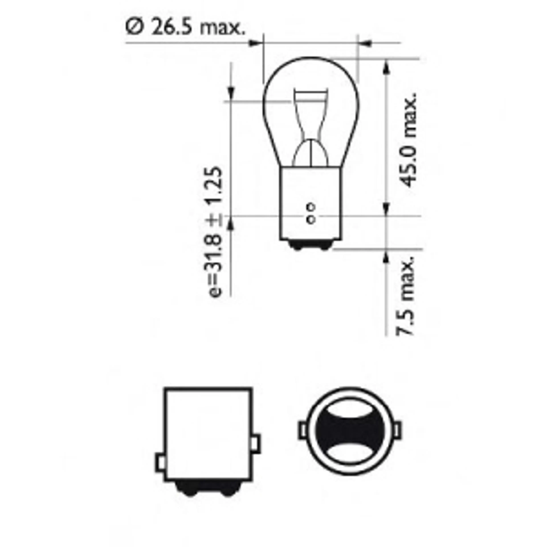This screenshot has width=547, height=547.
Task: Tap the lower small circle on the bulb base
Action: (x=311, y=219)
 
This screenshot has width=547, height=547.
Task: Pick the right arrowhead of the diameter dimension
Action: (x=366, y=43)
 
